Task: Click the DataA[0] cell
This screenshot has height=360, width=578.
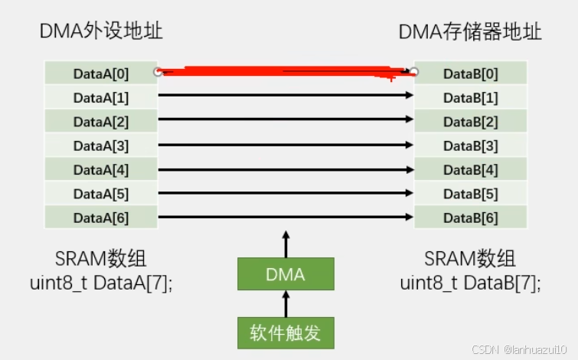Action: coord(101,74)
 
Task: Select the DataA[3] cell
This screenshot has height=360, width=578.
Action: coord(101,146)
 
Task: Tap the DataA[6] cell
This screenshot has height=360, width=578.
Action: coord(101,218)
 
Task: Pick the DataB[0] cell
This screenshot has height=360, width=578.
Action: coord(470,74)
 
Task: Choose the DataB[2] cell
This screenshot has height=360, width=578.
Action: coord(470,122)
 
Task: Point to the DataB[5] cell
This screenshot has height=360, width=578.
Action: coord(470,194)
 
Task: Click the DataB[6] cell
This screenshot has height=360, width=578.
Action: coord(470,218)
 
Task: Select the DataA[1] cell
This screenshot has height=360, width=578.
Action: coord(101,97)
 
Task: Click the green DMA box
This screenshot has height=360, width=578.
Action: coord(286,274)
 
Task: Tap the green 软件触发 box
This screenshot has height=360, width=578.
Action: coord(286,333)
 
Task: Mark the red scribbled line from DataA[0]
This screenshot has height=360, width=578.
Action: coord(283,71)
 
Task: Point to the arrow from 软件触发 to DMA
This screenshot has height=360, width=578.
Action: coord(286,304)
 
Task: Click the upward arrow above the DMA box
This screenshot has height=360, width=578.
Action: coord(286,244)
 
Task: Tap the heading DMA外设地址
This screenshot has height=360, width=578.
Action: coord(101,31)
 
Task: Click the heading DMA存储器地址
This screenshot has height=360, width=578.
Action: coord(470,31)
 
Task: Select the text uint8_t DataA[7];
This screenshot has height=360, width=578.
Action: coord(101,282)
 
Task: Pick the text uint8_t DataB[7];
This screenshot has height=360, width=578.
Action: coord(470,282)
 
